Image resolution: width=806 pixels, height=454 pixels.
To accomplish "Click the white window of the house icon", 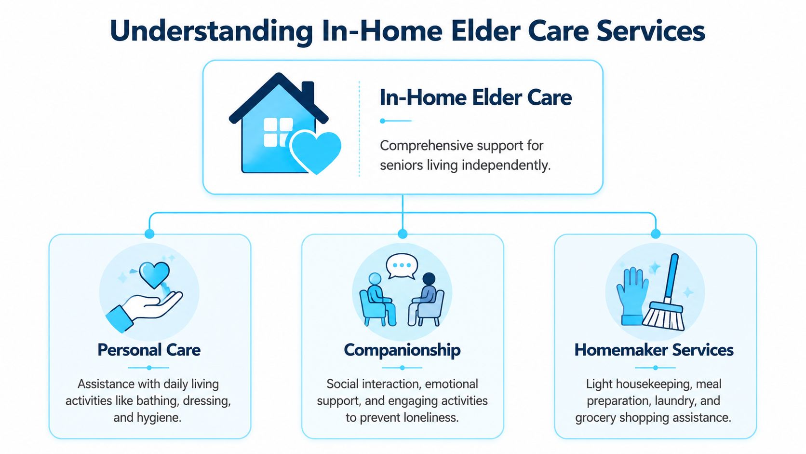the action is tap(278, 132).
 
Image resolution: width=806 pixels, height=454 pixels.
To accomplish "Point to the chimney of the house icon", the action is tap(308, 92).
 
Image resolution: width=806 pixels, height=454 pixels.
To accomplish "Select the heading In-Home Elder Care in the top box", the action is tap(476, 97).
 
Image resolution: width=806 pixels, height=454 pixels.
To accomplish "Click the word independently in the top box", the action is tap(506, 165).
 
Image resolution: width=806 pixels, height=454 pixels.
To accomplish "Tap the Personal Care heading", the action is tap(149, 350).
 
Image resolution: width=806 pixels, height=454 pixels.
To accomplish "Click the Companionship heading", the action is tap(403, 350).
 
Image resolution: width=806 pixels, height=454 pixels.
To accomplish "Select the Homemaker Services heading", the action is tap(654, 350).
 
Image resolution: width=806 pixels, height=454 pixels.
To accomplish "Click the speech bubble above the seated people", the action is tap(402, 266).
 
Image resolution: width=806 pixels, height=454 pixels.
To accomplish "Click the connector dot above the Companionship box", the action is tap(403, 234).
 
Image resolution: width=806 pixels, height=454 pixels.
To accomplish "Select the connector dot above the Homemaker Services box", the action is tap(656, 234).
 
